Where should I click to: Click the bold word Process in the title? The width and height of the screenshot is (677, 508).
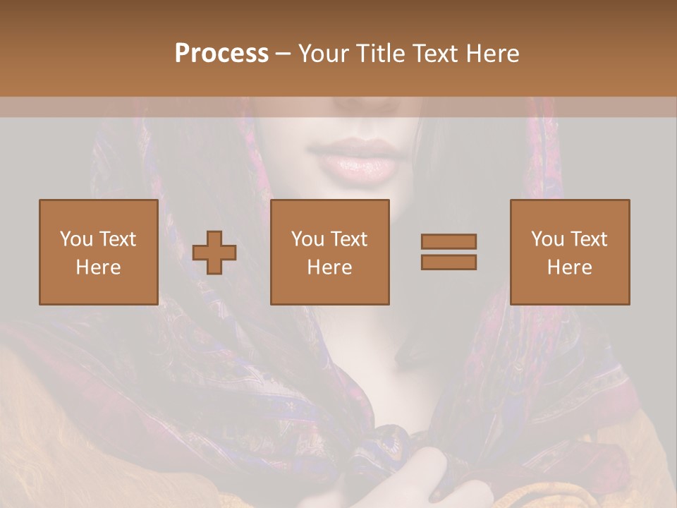click(x=221, y=54)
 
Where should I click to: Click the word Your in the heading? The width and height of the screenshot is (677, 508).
click(x=322, y=54)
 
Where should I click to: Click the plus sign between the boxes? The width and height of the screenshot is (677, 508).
click(x=214, y=253)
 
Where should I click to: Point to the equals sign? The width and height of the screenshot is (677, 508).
click(x=449, y=252)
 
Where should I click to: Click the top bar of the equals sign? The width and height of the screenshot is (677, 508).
click(x=449, y=241)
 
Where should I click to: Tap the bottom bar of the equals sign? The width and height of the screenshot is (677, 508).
click(x=449, y=262)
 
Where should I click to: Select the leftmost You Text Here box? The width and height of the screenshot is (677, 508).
click(x=99, y=252)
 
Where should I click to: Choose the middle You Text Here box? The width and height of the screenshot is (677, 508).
click(x=330, y=252)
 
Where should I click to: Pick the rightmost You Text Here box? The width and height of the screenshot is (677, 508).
click(x=570, y=252)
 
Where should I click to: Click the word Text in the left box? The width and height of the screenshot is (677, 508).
click(x=117, y=239)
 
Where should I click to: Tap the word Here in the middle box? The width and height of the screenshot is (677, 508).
click(x=330, y=267)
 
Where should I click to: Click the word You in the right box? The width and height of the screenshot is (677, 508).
click(x=547, y=239)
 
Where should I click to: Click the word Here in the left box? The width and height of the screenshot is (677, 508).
click(x=99, y=267)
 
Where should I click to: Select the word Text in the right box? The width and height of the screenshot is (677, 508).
click(x=588, y=239)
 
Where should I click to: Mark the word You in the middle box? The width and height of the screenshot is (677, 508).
click(x=307, y=239)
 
